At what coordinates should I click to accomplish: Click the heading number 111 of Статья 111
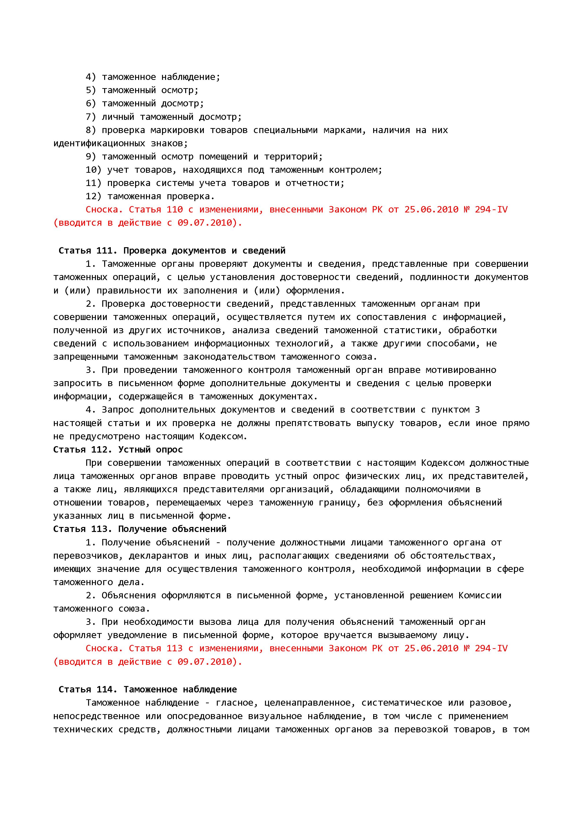(104, 250)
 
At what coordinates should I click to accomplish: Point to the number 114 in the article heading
(104, 690)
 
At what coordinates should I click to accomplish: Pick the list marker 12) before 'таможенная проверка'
(94, 196)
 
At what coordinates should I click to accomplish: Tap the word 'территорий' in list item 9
(293, 157)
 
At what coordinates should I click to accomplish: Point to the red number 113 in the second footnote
(175, 648)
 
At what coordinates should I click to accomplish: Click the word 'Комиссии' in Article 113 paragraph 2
(480, 595)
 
